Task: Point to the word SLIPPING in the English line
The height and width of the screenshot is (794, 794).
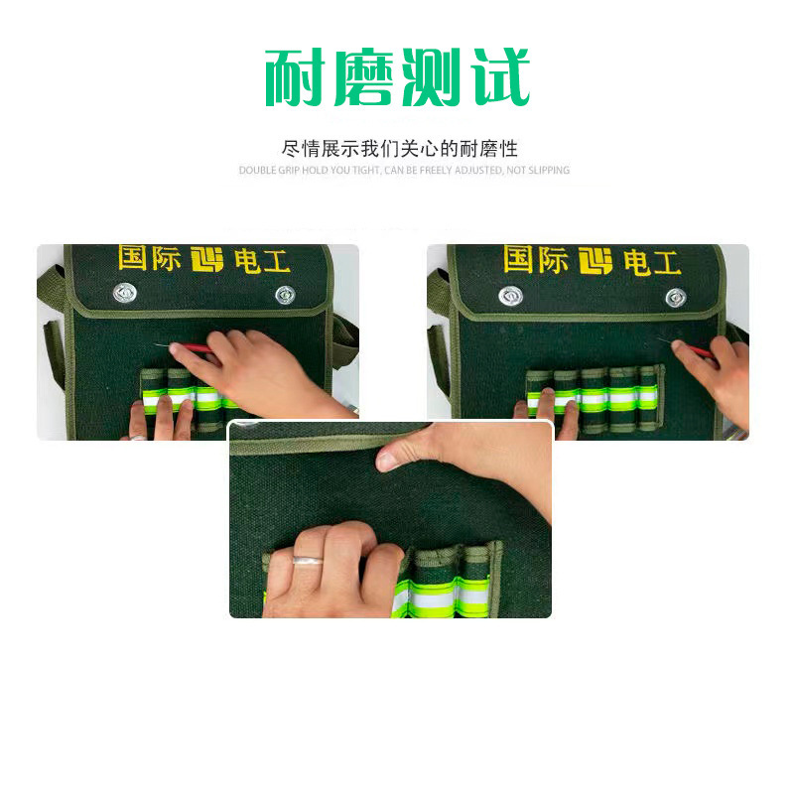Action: [x=549, y=171]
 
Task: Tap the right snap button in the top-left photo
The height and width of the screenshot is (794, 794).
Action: [x=285, y=294]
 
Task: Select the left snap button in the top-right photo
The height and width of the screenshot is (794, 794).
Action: [x=511, y=295]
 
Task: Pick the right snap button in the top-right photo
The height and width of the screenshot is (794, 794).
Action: [x=676, y=297]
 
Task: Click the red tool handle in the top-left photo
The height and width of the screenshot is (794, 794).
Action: [x=189, y=347]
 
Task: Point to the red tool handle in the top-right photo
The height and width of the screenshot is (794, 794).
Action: [x=695, y=348]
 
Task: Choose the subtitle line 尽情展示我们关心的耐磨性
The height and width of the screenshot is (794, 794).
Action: [x=400, y=149]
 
